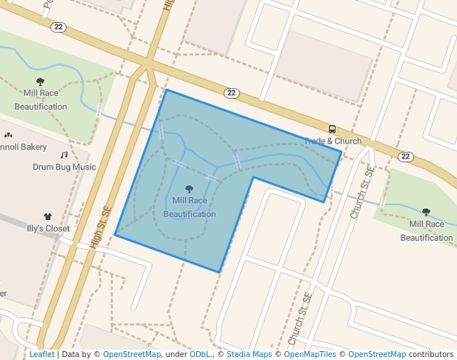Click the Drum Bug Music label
click(x=64, y=167)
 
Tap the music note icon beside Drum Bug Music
click(x=64, y=155)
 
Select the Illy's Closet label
click(x=48, y=228)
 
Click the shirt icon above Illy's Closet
click(x=48, y=216)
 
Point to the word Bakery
click(x=33, y=147)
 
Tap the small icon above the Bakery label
click(x=8, y=136)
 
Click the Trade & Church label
click(x=333, y=141)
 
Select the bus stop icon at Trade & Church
click(x=332, y=129)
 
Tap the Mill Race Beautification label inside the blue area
click(x=190, y=207)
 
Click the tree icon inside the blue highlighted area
click(x=190, y=189)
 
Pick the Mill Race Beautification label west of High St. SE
click(x=41, y=99)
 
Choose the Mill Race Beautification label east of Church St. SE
click(x=426, y=230)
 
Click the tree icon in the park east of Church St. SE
click(x=426, y=213)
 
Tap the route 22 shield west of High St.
click(x=58, y=27)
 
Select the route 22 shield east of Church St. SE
click(x=404, y=156)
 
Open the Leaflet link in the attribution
click(x=41, y=354)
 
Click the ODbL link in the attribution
click(x=200, y=354)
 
